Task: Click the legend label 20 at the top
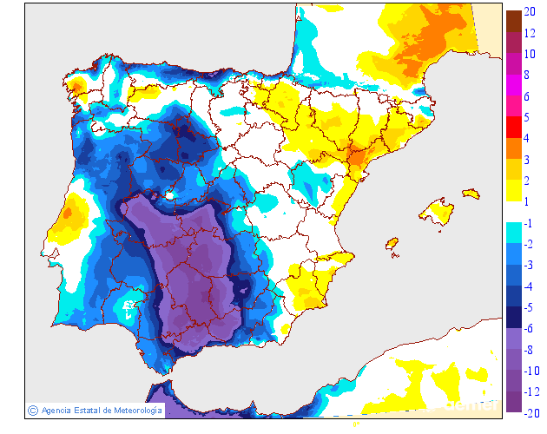530,11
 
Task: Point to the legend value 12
530,36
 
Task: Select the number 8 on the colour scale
527,76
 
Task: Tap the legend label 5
527,117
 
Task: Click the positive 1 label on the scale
527,201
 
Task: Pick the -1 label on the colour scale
529,223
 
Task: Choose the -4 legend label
529,286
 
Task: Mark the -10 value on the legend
531,370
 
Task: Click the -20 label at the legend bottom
531,412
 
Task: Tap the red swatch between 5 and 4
513,127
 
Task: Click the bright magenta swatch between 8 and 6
513,85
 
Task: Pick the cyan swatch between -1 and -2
513,233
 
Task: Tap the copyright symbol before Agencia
32,410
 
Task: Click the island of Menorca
471,193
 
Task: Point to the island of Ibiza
392,244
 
